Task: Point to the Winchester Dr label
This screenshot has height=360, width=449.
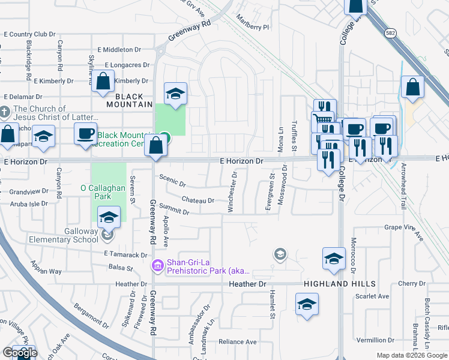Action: [x=231, y=192]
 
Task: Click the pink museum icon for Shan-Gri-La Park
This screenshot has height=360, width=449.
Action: [x=157, y=265]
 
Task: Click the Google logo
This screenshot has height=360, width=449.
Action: [x=19, y=353]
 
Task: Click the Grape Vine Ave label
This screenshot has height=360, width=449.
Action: [x=404, y=227]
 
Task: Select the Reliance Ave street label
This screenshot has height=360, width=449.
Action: [x=237, y=342]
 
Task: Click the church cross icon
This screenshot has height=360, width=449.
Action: [x=5, y=112]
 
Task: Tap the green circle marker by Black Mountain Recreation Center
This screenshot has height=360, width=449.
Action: [x=163, y=138]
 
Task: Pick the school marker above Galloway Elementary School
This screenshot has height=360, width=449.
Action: [x=109, y=218]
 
